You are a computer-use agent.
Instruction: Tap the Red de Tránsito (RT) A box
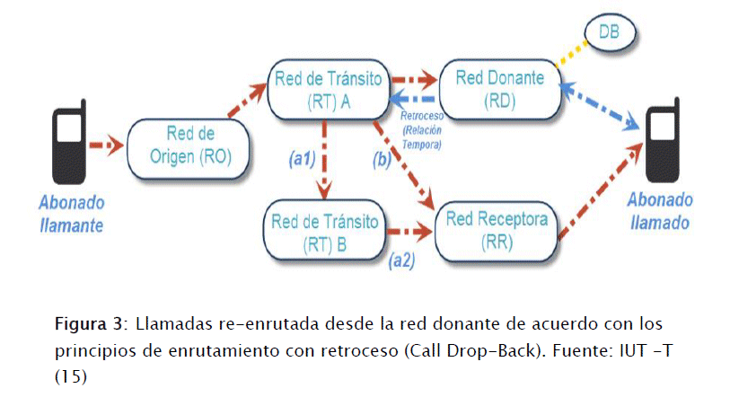pos(331,88)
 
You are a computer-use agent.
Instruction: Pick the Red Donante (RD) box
pos(500,89)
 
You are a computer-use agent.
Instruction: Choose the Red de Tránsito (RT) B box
pos(325,230)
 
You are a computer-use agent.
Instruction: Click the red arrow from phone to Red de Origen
pos(109,141)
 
